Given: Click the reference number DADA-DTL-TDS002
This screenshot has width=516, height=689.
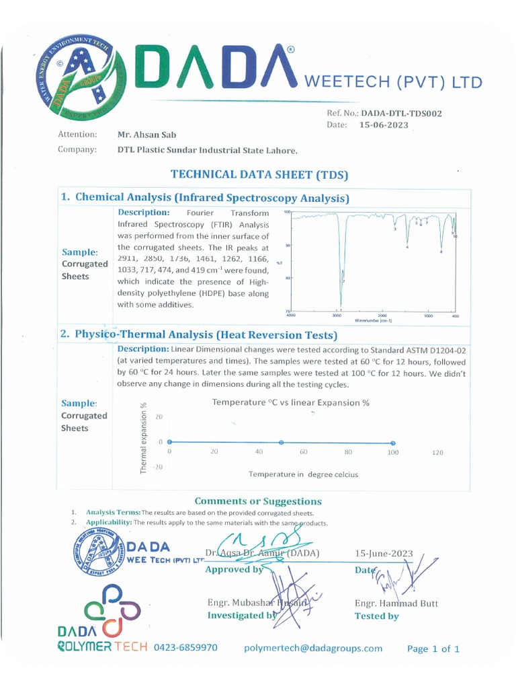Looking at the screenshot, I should [x=401, y=114].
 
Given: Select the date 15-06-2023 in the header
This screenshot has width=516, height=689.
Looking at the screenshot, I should [x=384, y=125].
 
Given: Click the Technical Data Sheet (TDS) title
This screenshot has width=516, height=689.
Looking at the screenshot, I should [x=259, y=174].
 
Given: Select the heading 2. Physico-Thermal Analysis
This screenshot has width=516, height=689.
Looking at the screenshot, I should [x=205, y=334].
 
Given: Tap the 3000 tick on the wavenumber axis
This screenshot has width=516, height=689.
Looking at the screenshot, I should [x=338, y=316].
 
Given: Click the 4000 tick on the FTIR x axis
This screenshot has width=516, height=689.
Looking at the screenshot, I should [x=291, y=316].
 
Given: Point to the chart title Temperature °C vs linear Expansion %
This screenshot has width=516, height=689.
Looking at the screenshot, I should [x=291, y=402].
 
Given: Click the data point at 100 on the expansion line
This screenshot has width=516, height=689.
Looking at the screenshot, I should [x=392, y=443].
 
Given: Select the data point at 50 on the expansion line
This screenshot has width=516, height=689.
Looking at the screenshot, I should [x=281, y=442].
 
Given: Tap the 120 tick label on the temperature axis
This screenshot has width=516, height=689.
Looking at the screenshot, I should [x=437, y=453].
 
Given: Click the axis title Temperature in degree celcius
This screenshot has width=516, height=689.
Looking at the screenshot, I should [x=303, y=474].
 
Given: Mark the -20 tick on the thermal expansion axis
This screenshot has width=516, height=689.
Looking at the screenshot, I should [x=158, y=466].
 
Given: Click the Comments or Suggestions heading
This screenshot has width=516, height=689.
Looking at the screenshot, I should [x=258, y=501].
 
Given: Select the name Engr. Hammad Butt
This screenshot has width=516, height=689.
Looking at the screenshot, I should [x=396, y=604].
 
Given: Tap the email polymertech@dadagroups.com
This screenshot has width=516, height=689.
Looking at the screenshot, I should [x=313, y=648].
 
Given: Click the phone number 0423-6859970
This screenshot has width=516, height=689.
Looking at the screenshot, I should [x=186, y=648].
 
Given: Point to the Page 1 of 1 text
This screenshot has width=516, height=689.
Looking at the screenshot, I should [x=433, y=649].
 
